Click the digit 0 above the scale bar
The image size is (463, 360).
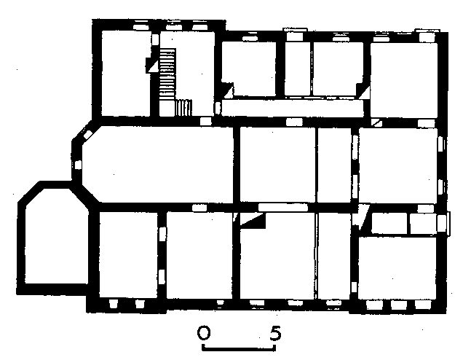(x=204, y=332)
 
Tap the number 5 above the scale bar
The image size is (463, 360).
(x=275, y=332)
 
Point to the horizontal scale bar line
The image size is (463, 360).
(x=239, y=349)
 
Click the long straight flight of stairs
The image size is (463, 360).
(x=167, y=74)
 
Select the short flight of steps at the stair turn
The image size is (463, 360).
(x=183, y=108)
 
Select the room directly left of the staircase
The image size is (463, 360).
(x=126, y=74)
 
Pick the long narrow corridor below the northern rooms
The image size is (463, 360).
(x=293, y=108)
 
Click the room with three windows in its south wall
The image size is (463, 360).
(x=397, y=267)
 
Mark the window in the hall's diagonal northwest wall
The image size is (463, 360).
(x=87, y=135)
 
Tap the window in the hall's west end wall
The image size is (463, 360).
(x=78, y=165)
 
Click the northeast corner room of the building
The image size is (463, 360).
(x=404, y=80)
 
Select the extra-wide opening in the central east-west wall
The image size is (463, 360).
(x=283, y=207)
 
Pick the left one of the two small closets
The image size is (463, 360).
(x=389, y=223)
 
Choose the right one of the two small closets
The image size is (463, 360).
(x=423, y=223)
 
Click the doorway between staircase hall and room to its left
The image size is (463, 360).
(x=155, y=39)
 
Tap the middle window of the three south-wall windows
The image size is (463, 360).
(x=399, y=305)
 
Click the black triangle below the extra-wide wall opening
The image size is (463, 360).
(x=254, y=220)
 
